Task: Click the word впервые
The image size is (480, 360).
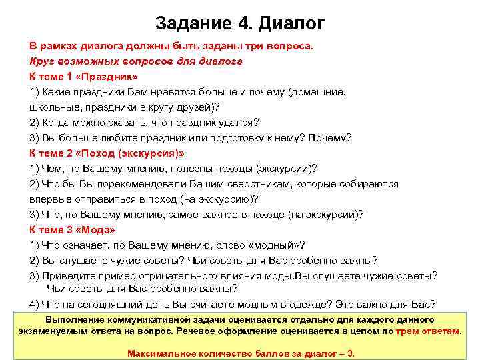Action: (x=51, y=199)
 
